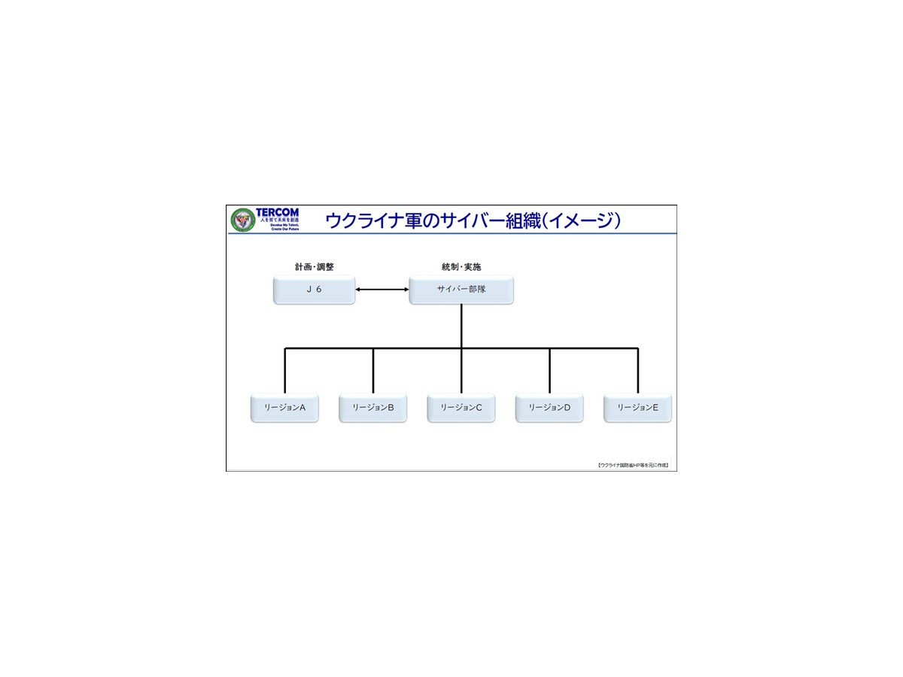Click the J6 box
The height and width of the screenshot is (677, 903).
click(314, 290)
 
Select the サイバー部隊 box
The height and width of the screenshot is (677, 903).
click(461, 290)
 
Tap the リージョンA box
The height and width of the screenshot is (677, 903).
click(284, 408)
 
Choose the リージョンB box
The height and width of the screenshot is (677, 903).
click(372, 408)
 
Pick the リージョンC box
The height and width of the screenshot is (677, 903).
click(461, 408)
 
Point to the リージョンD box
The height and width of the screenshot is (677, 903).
click(549, 408)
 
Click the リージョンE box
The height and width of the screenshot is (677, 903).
click(637, 408)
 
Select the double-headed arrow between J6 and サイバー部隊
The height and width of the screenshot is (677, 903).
click(382, 290)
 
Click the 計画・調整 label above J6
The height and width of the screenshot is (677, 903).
click(314, 267)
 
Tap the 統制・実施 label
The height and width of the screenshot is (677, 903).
click(461, 267)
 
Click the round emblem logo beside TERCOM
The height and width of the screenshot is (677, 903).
click(242, 220)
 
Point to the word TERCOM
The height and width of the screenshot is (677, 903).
click(277, 213)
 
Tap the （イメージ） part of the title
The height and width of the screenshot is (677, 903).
click(583, 220)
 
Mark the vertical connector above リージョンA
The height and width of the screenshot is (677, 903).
click(285, 371)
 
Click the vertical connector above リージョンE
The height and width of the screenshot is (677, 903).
click(637, 371)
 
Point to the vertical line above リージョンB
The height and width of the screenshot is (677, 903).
click(373, 371)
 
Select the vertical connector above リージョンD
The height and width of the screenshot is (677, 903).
click(549, 371)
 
